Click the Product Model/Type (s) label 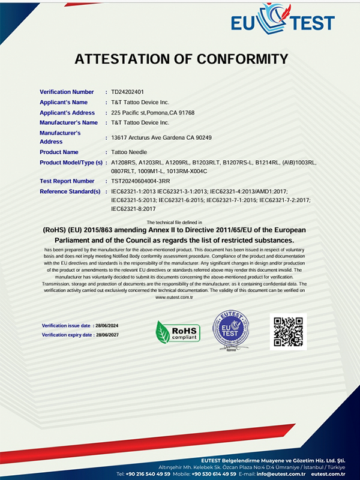coord(71,163)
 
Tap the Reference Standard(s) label coord(70,191)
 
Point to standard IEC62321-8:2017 coord(134,209)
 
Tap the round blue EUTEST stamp coord(230,331)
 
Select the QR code coord(287,331)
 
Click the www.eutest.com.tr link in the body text coord(174,297)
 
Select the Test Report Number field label coord(67,181)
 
